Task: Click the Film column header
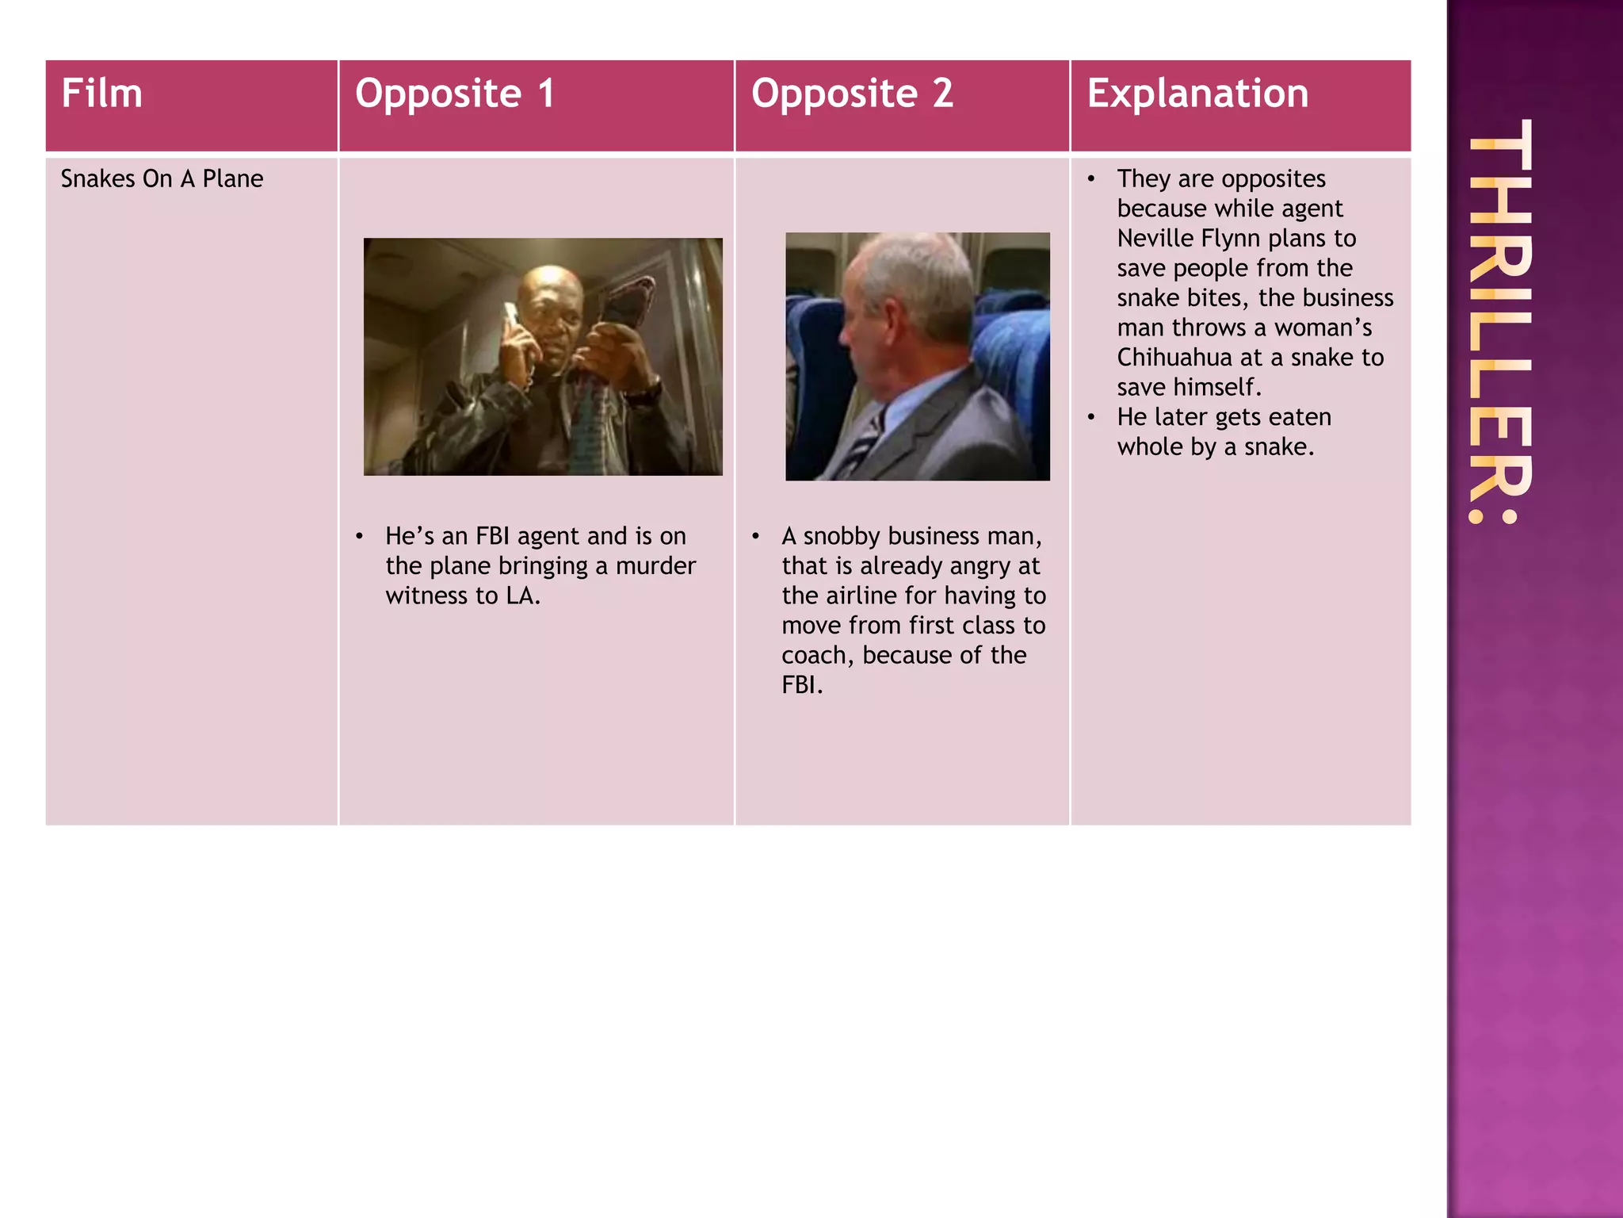[101, 94]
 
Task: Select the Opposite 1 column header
[454, 94]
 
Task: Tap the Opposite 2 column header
[851, 94]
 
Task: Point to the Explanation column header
[1197, 94]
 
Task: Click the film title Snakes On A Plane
[162, 179]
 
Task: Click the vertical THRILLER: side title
[1499, 320]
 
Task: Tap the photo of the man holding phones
[543, 357]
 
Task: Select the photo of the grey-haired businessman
[917, 357]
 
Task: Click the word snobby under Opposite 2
[842, 537]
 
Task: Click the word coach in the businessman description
[815, 656]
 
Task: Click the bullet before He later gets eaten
[1091, 417]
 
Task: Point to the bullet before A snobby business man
[756, 537]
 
